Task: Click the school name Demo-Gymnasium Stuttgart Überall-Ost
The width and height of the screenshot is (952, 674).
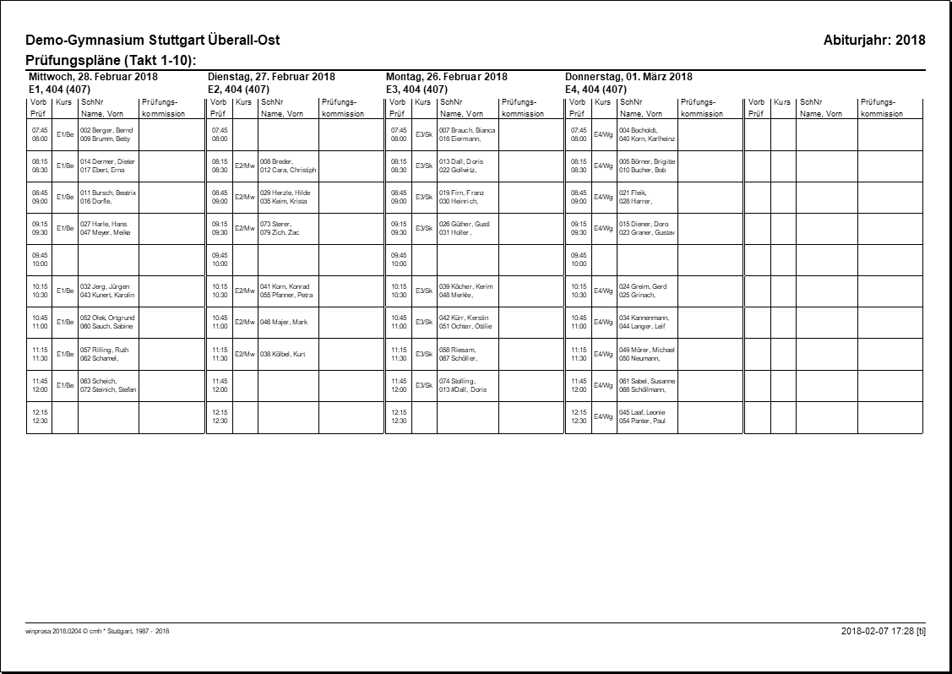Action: tap(153, 41)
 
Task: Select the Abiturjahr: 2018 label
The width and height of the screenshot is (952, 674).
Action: tap(873, 41)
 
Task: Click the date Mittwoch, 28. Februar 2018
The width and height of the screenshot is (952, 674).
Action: tap(93, 77)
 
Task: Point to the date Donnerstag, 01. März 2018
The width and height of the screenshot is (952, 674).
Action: tap(628, 77)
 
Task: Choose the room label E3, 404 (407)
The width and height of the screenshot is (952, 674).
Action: tap(416, 89)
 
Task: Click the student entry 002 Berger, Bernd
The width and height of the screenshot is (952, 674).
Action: tap(106, 130)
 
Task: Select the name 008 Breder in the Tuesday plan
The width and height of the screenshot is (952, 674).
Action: tap(276, 161)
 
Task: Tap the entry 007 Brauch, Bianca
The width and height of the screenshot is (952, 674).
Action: tap(467, 130)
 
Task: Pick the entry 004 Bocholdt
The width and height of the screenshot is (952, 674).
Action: tap(638, 130)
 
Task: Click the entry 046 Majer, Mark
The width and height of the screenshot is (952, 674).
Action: tap(284, 323)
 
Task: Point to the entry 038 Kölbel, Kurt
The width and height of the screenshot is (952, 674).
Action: tap(282, 354)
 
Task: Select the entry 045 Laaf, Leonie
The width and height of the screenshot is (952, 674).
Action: tap(642, 412)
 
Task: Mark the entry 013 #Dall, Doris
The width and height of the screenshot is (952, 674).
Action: tap(462, 390)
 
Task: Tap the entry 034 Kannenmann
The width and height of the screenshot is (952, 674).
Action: tap(644, 318)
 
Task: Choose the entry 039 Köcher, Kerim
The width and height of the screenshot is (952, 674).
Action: tap(465, 286)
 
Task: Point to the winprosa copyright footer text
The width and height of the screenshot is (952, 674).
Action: tap(98, 631)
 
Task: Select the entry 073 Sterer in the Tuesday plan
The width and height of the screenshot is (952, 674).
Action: tap(275, 224)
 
